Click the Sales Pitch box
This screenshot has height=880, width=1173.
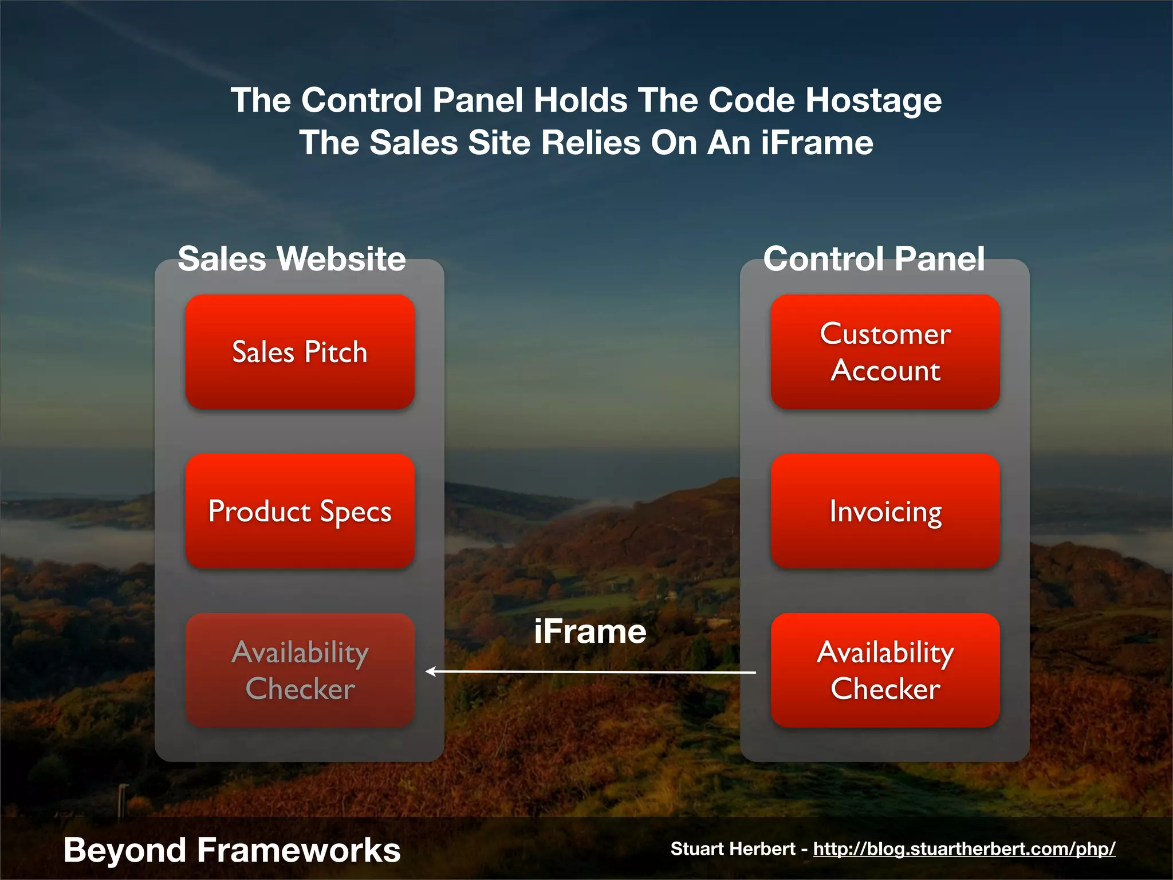(x=300, y=352)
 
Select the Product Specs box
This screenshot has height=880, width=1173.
(x=300, y=511)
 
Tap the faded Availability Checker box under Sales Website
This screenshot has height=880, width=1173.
(x=300, y=670)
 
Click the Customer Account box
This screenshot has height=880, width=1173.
(x=885, y=352)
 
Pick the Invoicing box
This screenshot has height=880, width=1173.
(x=885, y=511)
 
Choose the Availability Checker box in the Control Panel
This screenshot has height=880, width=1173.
(x=885, y=670)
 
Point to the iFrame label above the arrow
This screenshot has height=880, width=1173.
(x=590, y=631)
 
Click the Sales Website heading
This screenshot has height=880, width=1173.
(x=292, y=258)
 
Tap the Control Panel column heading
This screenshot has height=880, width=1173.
(x=874, y=258)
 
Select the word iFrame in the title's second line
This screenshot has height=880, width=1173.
(x=817, y=143)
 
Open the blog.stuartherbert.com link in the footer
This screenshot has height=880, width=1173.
(x=964, y=848)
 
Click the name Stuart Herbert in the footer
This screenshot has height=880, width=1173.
(x=733, y=848)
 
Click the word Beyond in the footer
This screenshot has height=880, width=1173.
(x=124, y=850)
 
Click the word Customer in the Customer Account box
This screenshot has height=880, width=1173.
(x=885, y=333)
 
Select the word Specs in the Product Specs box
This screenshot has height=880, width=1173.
(x=355, y=512)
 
